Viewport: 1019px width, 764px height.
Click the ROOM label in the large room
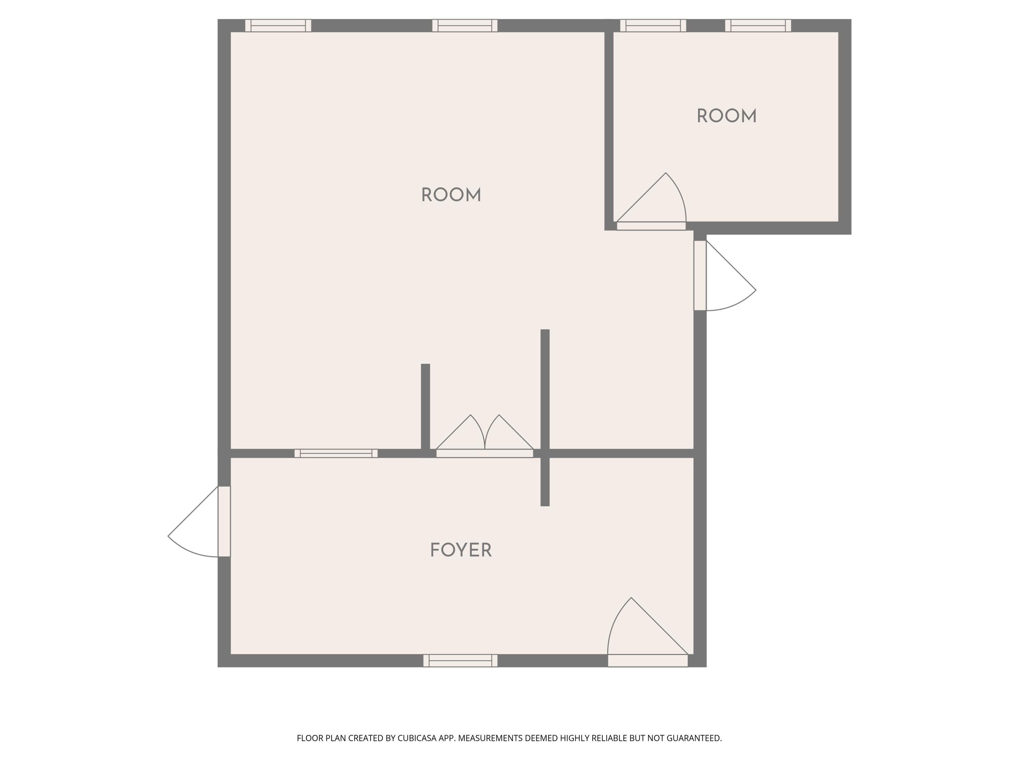(x=451, y=195)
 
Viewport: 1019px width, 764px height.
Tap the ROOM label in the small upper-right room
(x=727, y=116)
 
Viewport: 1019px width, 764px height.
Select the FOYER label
(x=461, y=550)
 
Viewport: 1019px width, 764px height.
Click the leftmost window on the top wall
(x=278, y=25)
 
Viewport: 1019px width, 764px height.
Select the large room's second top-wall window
(x=464, y=25)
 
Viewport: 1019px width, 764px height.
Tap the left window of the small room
(x=653, y=25)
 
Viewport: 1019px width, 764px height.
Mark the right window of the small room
(x=758, y=25)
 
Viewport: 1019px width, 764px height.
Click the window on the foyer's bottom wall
(x=460, y=660)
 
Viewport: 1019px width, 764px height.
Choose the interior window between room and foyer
(x=336, y=453)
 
